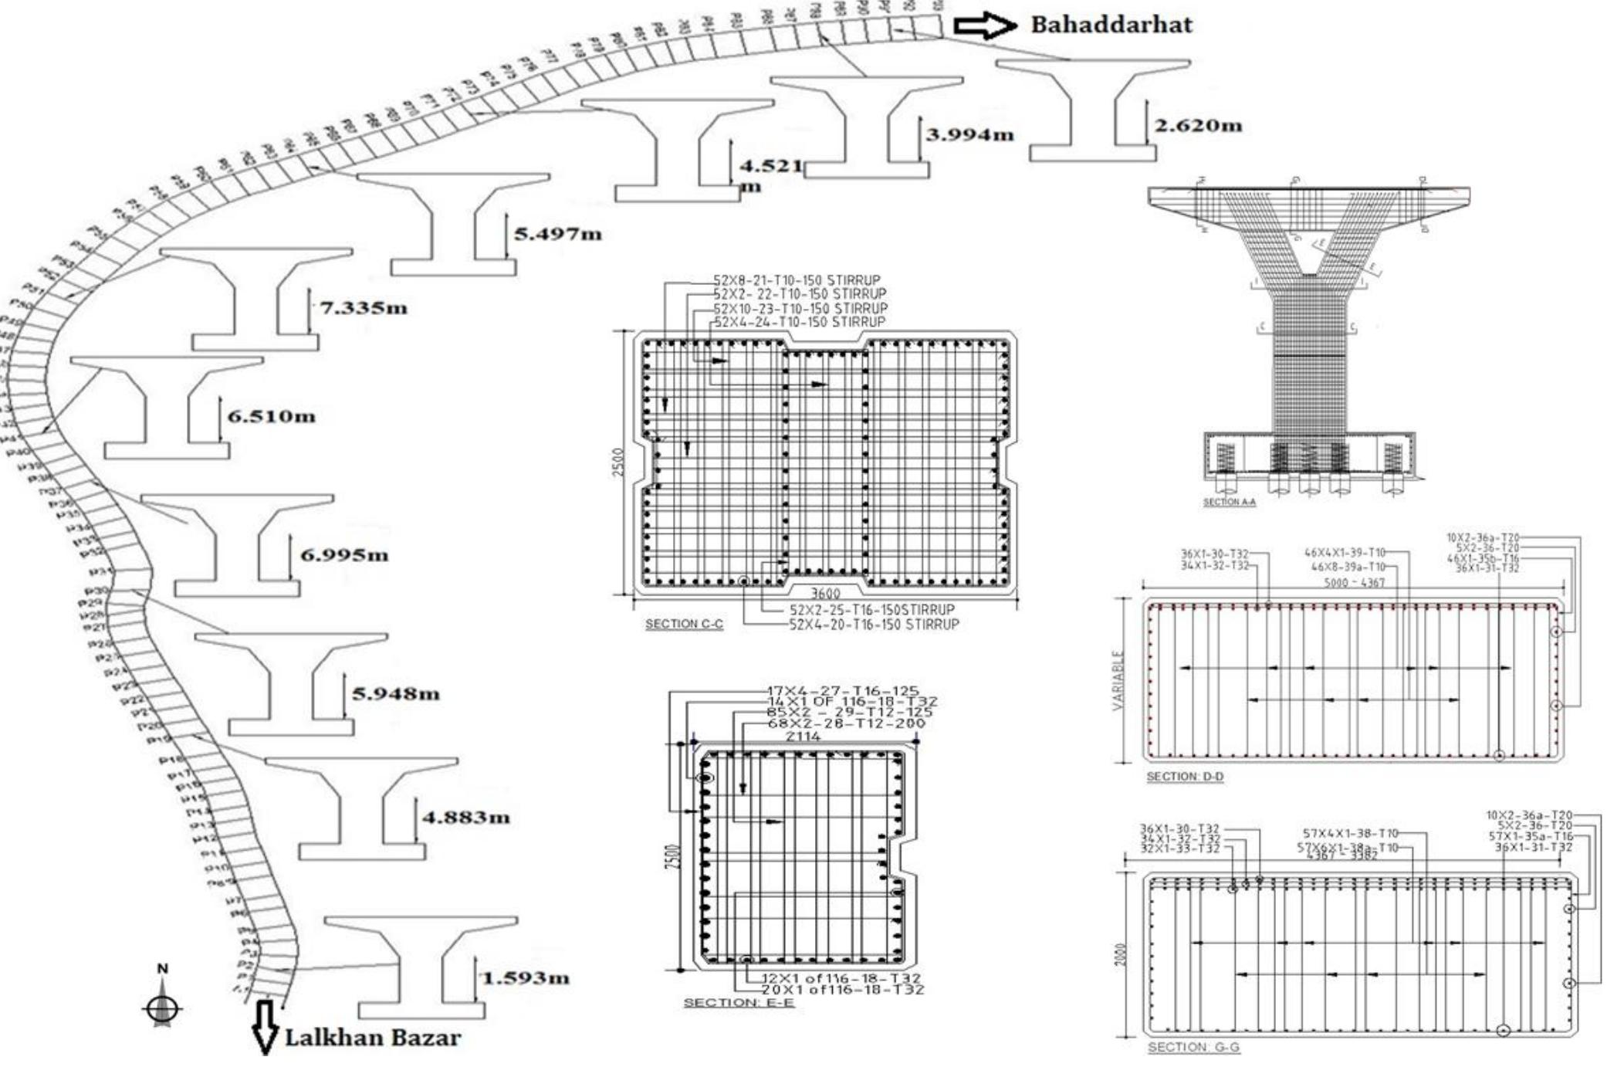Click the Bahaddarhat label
coord(1111,25)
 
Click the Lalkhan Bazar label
coord(373,1037)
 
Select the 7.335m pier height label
coord(364,308)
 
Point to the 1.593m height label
coord(526,978)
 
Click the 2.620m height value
coord(1198,125)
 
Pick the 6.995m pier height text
coord(344,555)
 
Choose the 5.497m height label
coord(558,234)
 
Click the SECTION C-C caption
coord(684,624)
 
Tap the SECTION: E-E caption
coord(739,1002)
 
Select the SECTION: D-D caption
coord(1185,777)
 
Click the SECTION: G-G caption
coord(1193,1048)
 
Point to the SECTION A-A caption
coord(1229,503)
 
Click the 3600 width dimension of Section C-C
coord(825,594)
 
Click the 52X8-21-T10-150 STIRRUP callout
coord(796,280)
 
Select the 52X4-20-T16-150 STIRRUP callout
coord(873,624)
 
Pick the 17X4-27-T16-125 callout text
coord(843,691)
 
